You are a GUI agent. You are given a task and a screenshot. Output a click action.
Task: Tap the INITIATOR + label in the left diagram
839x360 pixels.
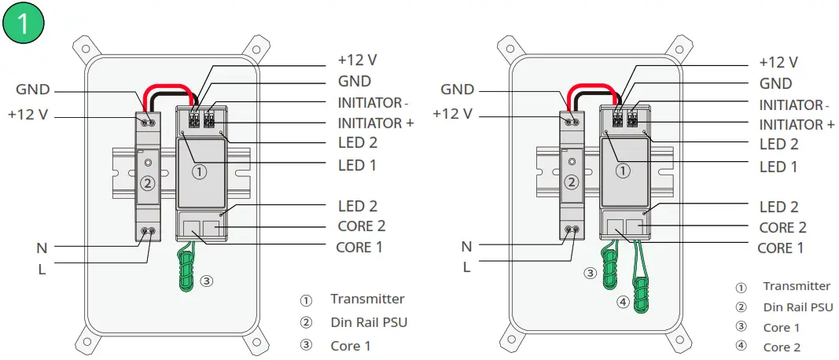click(x=375, y=123)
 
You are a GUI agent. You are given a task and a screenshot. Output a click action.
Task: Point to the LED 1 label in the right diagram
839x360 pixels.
click(x=778, y=167)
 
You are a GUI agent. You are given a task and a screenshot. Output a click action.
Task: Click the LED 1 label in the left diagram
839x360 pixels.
click(x=357, y=165)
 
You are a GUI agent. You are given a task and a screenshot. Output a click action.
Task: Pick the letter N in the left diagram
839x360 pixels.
click(x=42, y=248)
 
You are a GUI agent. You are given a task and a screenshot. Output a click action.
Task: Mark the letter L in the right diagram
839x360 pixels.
click(x=466, y=266)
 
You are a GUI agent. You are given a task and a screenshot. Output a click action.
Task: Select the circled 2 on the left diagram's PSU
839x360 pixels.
click(x=147, y=183)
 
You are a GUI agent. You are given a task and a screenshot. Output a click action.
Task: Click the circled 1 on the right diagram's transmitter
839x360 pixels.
click(x=622, y=170)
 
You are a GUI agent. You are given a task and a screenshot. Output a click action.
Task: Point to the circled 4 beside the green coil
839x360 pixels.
click(x=622, y=301)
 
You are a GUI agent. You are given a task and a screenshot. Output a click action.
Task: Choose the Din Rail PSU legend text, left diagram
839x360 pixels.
click(x=369, y=322)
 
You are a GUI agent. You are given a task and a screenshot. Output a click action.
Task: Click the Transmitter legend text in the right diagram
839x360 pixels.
click(x=797, y=286)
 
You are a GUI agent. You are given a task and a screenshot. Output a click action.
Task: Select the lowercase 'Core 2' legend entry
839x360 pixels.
click(x=782, y=347)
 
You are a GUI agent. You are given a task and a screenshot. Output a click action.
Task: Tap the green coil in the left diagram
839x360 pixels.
click(x=186, y=268)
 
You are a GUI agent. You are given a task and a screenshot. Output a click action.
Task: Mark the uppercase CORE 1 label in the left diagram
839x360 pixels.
click(x=359, y=247)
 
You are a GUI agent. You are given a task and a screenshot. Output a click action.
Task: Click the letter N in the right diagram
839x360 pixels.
click(x=466, y=247)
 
